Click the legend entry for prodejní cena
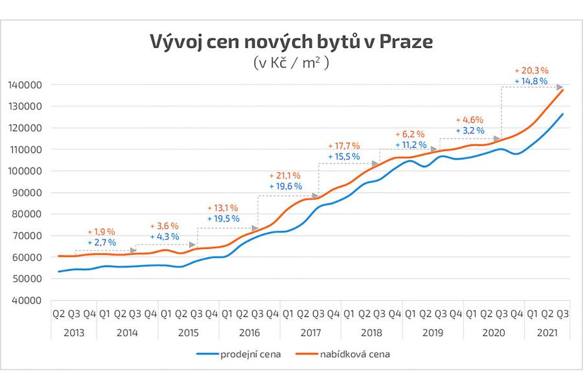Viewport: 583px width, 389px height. pyautogui.click(x=239, y=355)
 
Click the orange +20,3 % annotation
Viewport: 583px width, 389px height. pyautogui.click(x=531, y=70)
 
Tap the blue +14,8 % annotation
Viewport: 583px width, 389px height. pyautogui.click(x=531, y=81)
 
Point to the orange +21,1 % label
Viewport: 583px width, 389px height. pyautogui.click(x=284, y=176)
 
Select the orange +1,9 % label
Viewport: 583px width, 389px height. pyautogui.click(x=101, y=231)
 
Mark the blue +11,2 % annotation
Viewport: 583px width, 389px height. pyautogui.click(x=411, y=145)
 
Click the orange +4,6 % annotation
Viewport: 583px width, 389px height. pyautogui.click(x=470, y=120)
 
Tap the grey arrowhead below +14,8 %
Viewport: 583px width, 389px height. pyautogui.click(x=559, y=87)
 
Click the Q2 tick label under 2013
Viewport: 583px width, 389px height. pyautogui.click(x=59, y=314)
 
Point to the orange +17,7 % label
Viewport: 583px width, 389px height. pyautogui.click(x=343, y=146)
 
